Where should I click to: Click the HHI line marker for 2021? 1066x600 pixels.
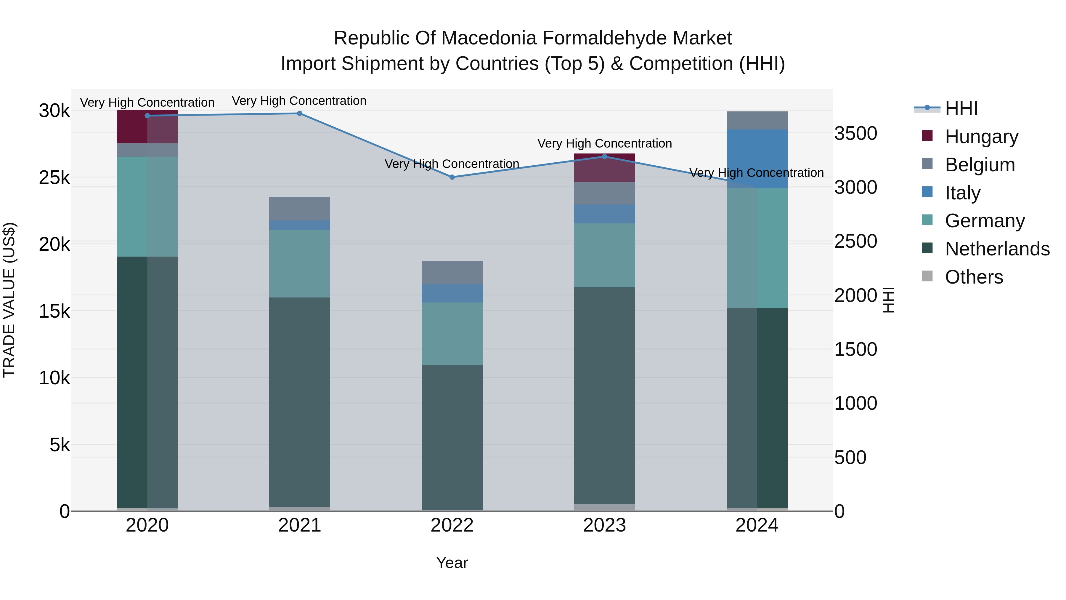pyautogui.click(x=300, y=113)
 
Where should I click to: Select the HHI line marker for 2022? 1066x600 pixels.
pyautogui.click(x=452, y=177)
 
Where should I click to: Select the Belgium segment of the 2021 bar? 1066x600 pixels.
pyautogui.click(x=300, y=208)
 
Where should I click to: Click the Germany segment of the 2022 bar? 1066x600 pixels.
pyautogui.click(x=452, y=334)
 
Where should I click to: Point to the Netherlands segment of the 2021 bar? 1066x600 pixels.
pyautogui.click(x=300, y=402)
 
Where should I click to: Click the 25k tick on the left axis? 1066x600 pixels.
pyautogui.click(x=54, y=178)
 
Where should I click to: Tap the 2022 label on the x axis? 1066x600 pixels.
pyautogui.click(x=452, y=525)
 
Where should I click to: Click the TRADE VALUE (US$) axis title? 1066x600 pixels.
pyautogui.click(x=9, y=300)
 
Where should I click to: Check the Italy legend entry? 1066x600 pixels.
pyautogui.click(x=962, y=193)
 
